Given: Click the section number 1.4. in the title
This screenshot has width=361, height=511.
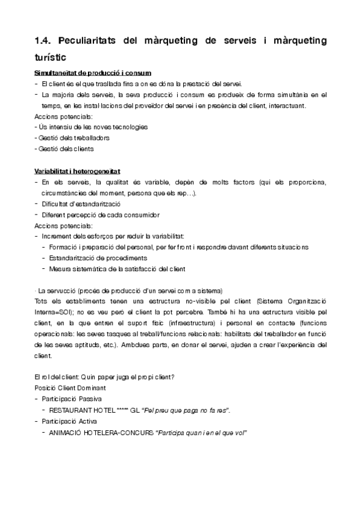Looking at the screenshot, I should pyautogui.click(x=46, y=41).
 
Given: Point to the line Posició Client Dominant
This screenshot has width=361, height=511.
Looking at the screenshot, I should pyautogui.click(x=70, y=387).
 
